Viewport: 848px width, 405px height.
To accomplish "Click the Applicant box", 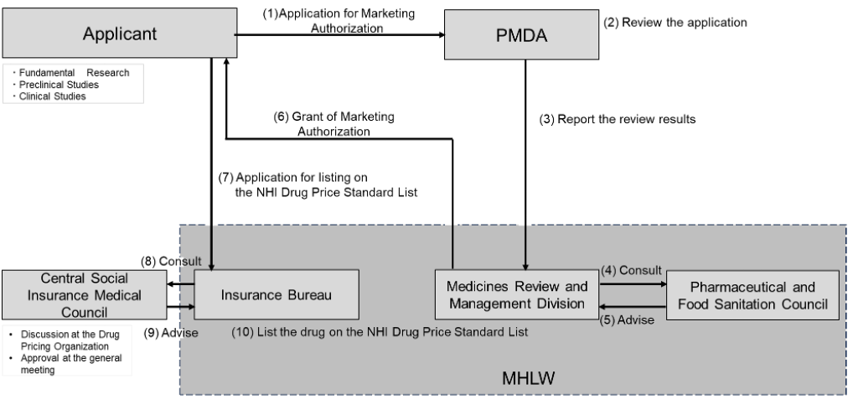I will (119, 34).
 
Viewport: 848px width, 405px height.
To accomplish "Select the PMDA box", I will (520, 34).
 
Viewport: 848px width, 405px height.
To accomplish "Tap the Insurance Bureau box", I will (277, 294).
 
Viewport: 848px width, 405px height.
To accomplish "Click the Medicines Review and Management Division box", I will (516, 294).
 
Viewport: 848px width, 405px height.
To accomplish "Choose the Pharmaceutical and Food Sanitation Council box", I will (752, 294).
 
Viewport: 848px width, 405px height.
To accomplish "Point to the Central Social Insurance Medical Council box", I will (90, 294).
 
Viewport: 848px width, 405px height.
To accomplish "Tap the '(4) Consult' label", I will (631, 270).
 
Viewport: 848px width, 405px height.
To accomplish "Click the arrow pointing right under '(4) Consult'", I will (632, 283).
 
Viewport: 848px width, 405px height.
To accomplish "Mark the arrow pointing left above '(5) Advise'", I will (632, 307).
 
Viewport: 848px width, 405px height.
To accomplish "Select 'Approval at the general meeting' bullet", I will (68, 363).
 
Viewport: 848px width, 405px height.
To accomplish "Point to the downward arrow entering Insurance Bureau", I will (211, 252).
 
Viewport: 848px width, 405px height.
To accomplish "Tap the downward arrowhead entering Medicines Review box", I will (525, 264).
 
